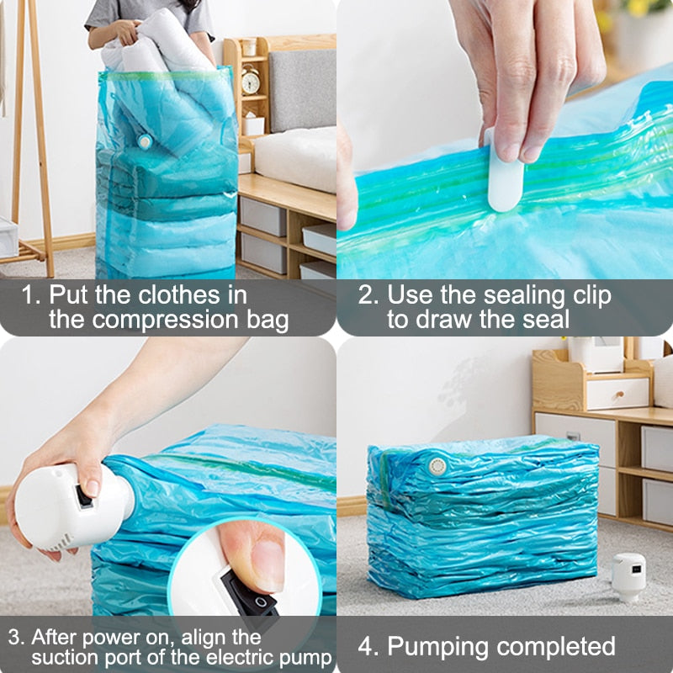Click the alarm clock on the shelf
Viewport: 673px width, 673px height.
pos(251,80)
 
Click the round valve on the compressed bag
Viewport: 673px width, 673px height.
pos(437,465)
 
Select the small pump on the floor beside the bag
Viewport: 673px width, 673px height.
pos(628,576)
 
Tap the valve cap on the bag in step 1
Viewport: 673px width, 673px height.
pos(145,141)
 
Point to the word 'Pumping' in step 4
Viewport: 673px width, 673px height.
pos(437,646)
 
